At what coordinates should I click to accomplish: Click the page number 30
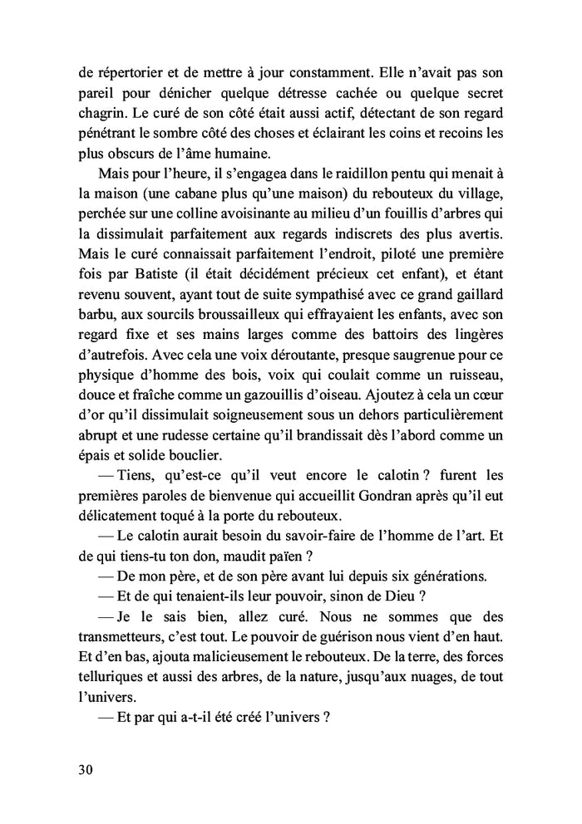[x=82, y=769]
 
